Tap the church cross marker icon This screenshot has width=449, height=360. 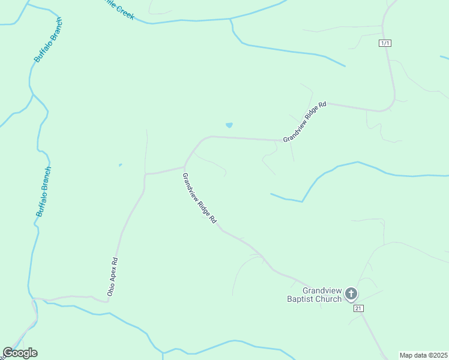351,294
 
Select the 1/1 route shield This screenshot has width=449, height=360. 385,43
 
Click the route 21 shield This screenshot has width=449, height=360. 358,308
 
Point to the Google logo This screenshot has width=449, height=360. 20,353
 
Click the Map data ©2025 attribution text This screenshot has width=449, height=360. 424,355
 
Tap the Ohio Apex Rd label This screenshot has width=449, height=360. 112,277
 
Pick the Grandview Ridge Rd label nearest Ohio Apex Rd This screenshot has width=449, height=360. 199,198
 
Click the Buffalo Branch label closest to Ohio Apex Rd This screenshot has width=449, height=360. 44,191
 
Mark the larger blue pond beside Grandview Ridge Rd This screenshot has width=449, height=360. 229,125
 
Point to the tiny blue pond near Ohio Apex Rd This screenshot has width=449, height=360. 120,165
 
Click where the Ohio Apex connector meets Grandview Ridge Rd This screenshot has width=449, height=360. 184,167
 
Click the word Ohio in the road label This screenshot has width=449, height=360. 110,289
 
